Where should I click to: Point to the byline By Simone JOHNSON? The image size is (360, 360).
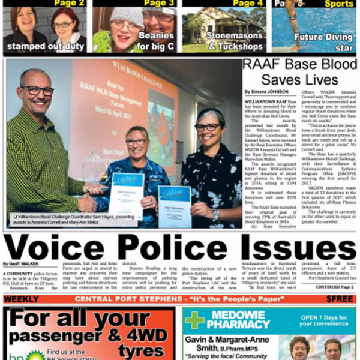(x=266, y=92)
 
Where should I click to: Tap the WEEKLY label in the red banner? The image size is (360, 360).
(x=21, y=299)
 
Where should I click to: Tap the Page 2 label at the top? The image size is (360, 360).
(x=69, y=4)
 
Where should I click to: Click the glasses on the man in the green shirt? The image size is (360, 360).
(x=38, y=91)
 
